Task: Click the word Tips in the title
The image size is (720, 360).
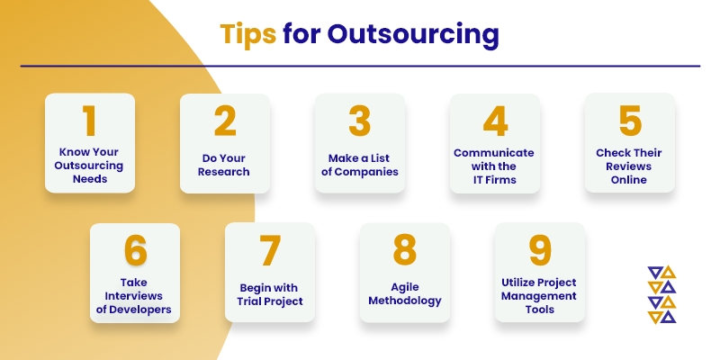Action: coord(248,34)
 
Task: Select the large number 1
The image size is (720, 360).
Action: coord(89,121)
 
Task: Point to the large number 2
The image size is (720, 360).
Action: coord(225,121)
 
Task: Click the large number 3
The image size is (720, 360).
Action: coord(359,121)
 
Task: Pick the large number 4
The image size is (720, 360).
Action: coord(496,121)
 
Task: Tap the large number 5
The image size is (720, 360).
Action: coord(630,121)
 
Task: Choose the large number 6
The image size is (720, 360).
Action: coord(136,251)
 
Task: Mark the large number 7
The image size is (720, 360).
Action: coord(270,251)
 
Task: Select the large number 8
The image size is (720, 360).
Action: coord(404,251)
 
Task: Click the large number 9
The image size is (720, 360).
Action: coord(539,251)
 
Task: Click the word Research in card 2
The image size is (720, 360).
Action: coord(225,172)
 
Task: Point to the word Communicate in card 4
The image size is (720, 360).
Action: coord(494,153)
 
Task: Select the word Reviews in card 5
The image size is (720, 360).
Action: coord(629,166)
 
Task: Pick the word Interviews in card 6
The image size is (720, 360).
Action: coord(133,296)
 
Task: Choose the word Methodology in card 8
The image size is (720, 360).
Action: coord(405,301)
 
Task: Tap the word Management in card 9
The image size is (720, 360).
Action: coord(538,296)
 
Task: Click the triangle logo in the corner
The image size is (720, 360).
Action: coord(661,294)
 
